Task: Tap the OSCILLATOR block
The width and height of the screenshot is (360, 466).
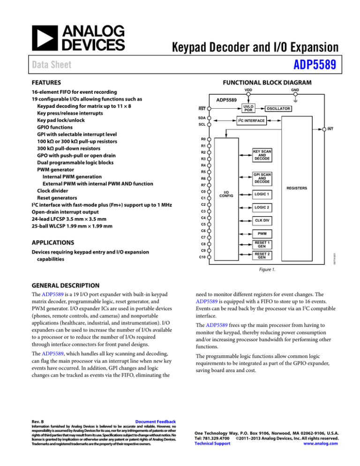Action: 279,109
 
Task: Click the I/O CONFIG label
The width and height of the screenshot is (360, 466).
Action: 226,195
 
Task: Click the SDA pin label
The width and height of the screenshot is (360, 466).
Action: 202,118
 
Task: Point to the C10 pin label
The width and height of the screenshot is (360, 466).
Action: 202,257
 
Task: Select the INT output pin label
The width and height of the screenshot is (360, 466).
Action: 330,128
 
